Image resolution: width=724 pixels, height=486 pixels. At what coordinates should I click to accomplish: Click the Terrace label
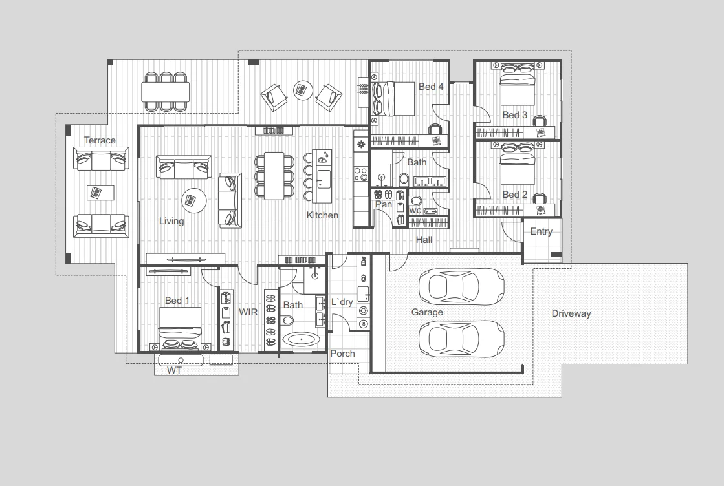pyautogui.click(x=100, y=140)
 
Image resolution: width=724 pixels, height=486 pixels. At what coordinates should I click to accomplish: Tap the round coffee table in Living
pyautogui.click(x=194, y=200)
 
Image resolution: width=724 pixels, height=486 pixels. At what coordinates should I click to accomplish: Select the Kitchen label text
pyautogui.click(x=322, y=215)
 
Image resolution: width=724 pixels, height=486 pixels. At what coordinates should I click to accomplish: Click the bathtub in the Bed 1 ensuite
pyautogui.click(x=302, y=340)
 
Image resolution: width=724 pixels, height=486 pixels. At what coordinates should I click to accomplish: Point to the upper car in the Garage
pyautogui.click(x=461, y=285)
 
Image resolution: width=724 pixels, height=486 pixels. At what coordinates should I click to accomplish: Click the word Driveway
pyautogui.click(x=571, y=313)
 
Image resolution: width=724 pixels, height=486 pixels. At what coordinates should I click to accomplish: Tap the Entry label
pyautogui.click(x=542, y=231)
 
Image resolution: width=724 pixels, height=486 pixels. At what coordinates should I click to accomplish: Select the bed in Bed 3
pyautogui.click(x=516, y=89)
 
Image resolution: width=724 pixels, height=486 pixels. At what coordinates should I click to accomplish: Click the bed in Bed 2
pyautogui.click(x=516, y=169)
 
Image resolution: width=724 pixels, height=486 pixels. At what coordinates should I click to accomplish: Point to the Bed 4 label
pyautogui.click(x=431, y=87)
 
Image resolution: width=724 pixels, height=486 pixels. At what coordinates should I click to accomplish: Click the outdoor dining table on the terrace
pyautogui.click(x=166, y=92)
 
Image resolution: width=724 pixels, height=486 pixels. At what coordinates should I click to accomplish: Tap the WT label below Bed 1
pyautogui.click(x=174, y=371)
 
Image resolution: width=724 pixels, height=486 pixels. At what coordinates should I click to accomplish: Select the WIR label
pyautogui.click(x=248, y=312)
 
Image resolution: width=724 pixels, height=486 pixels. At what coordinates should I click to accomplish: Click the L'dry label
pyautogui.click(x=342, y=302)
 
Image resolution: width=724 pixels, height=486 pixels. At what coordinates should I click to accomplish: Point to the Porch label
pyautogui.click(x=342, y=354)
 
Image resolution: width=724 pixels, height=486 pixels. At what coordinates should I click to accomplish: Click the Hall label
pyautogui.click(x=424, y=240)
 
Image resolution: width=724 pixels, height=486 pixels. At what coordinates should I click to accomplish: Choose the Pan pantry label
pyautogui.click(x=384, y=204)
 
